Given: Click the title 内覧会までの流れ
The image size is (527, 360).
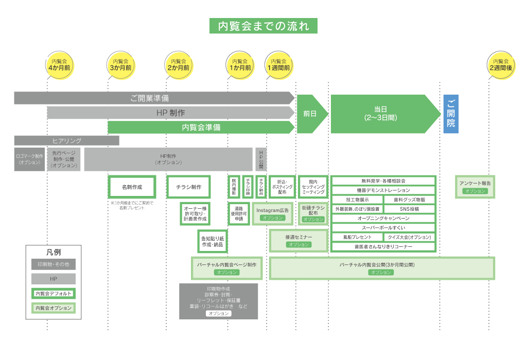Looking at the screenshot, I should pyautogui.click(x=263, y=26).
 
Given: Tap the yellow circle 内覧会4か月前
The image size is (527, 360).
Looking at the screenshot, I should pyautogui.click(x=59, y=65).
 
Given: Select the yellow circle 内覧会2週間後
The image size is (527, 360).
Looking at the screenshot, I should pyautogui.click(x=501, y=65).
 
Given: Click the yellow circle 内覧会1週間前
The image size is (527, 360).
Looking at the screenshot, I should pyautogui.click(x=278, y=65).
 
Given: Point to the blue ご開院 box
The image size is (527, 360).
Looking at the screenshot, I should pyautogui.click(x=451, y=114).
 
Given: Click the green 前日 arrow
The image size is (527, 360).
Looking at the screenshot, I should pyautogui.click(x=310, y=114).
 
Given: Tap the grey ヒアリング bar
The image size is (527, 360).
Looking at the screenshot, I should pyautogui.click(x=66, y=140).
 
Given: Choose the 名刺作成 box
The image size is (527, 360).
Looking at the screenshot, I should pyautogui.click(x=132, y=187).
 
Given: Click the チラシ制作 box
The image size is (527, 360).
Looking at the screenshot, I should pyautogui.click(x=188, y=187).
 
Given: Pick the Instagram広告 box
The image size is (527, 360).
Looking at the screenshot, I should pyautogui.click(x=273, y=213).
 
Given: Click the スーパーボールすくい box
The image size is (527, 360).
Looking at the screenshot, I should pyautogui.click(x=383, y=228).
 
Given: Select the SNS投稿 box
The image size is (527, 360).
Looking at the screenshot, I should pyautogui.click(x=410, y=209).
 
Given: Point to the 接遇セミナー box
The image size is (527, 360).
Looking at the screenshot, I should pyautogui.click(x=299, y=240).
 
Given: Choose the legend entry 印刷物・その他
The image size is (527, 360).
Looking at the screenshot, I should pyautogui.click(x=54, y=264).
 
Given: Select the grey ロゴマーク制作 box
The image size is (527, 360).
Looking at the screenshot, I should pyautogui.click(x=29, y=159).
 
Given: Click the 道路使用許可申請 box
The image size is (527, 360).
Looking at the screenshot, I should pyautogui.click(x=239, y=213).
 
